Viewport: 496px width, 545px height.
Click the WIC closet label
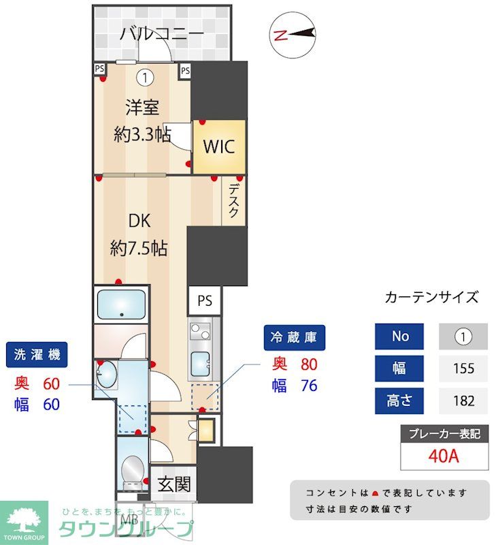click(x=218, y=146)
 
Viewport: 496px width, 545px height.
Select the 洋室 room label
click(x=142, y=107)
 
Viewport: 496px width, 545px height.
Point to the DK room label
click(x=139, y=221)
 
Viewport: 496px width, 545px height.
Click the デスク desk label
click(x=233, y=201)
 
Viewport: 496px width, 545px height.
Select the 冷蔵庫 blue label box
click(x=295, y=337)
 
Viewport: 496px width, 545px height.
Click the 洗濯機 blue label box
click(x=37, y=354)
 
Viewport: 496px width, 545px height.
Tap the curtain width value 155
click(x=463, y=369)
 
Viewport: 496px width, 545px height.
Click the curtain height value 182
click(x=463, y=400)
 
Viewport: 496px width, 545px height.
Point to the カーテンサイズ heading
click(x=431, y=297)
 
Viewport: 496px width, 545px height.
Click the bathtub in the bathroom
click(x=122, y=305)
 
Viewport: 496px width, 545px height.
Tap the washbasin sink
click(x=107, y=374)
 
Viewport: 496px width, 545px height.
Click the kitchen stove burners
click(x=200, y=332)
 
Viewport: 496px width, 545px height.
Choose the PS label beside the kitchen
click(x=205, y=300)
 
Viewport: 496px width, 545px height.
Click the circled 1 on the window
click(x=144, y=78)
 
